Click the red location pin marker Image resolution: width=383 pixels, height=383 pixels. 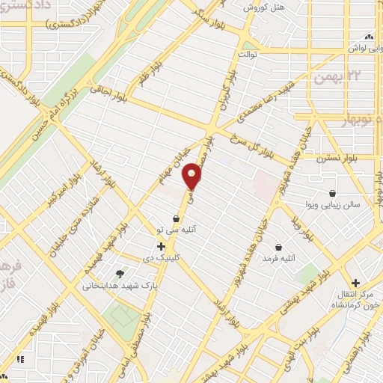coord(193,177)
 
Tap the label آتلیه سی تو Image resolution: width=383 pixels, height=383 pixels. coord(176,230)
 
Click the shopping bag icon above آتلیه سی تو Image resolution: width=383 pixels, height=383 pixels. coord(176,218)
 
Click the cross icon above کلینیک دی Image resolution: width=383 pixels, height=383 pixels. coord(161,245)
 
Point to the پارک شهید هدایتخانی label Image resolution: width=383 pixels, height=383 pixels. coord(114,285)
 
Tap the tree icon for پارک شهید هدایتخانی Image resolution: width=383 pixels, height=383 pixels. coord(119,273)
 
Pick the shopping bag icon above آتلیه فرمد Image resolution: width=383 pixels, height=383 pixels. coord(279,247)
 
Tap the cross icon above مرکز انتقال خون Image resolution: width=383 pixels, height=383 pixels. coord(356,283)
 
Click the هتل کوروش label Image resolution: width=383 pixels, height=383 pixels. coord(260,7)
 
